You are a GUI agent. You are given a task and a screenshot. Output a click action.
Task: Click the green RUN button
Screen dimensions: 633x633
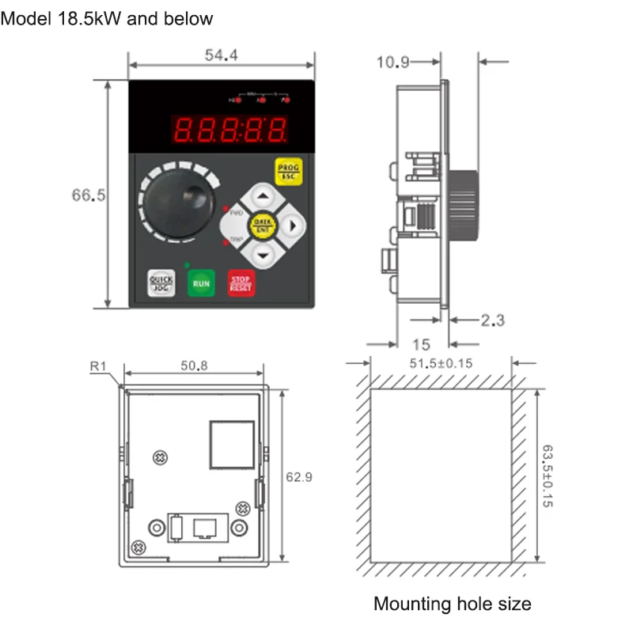(x=201, y=282)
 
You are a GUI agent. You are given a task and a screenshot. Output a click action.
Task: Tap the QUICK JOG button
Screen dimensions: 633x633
(x=161, y=283)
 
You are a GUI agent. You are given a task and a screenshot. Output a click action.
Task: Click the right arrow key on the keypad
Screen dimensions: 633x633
(x=291, y=226)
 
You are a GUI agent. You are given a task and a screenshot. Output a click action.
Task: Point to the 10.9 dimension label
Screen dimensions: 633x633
(x=392, y=63)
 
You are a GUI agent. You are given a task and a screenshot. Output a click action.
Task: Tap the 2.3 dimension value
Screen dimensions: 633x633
(x=492, y=320)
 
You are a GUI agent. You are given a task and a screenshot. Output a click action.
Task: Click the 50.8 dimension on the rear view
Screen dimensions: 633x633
(x=194, y=366)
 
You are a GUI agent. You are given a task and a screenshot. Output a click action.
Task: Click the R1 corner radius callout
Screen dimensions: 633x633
(x=97, y=366)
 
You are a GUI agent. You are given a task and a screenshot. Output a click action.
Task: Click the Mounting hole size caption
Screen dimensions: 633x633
(x=452, y=605)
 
